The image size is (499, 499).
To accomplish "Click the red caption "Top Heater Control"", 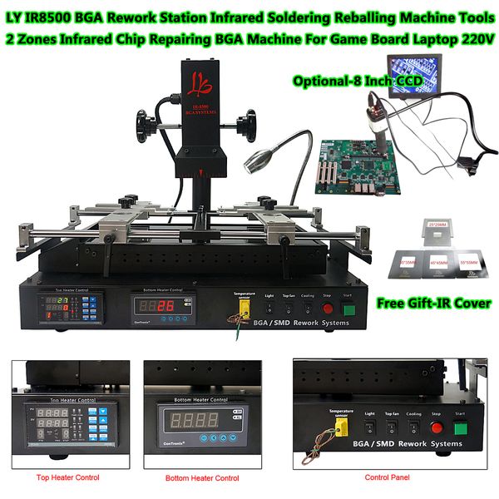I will [68, 477].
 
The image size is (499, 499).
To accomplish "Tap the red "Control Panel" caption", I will [388, 477].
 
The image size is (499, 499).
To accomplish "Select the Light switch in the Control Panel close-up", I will [368, 427].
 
